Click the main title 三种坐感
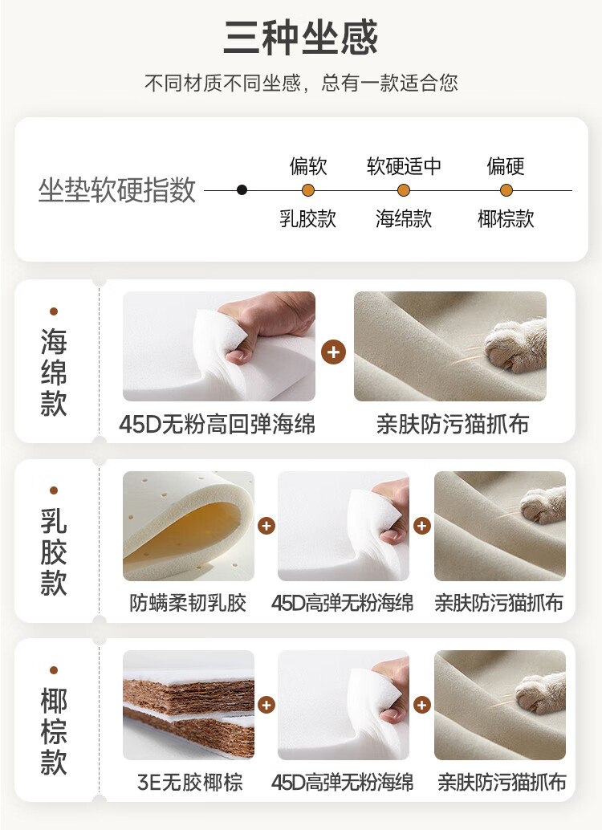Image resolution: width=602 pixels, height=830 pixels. [x=301, y=37]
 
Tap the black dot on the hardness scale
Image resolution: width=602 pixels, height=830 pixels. [x=242, y=190]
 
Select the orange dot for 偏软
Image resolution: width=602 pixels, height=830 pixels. [x=308, y=190]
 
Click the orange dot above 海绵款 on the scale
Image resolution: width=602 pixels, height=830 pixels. [x=404, y=190]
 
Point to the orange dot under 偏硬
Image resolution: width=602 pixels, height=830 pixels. [x=506, y=190]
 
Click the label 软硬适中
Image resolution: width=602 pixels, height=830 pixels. [x=404, y=166]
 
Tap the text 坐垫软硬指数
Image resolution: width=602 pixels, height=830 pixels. [x=117, y=190]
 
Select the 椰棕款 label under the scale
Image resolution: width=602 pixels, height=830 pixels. [x=506, y=218]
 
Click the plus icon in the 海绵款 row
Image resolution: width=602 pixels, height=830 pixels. [x=334, y=352]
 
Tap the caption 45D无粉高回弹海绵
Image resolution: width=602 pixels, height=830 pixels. [x=217, y=424]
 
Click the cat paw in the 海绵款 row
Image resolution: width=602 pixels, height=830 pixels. [x=515, y=344]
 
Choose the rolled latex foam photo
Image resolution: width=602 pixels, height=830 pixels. [x=189, y=526]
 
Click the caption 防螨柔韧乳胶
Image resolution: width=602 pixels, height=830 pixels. [x=188, y=603]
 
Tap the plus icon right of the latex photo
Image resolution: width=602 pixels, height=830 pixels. [x=266, y=526]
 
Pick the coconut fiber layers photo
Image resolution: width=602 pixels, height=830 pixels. [x=189, y=705]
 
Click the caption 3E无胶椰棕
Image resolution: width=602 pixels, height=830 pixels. [x=189, y=782]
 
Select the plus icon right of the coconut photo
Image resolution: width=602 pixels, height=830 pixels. [x=266, y=705]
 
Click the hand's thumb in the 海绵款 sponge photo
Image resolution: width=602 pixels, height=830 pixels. [x=239, y=356]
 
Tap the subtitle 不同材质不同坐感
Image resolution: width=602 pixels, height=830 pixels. [x=222, y=83]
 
